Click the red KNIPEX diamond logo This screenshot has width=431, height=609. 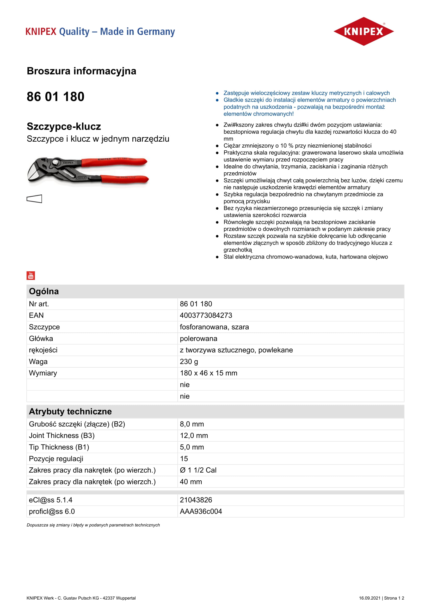[363, 31]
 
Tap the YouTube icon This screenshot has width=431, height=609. [31, 275]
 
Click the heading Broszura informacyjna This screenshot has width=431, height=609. [82, 71]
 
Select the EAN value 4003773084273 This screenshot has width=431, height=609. [206, 315]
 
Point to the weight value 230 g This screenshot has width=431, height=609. [189, 362]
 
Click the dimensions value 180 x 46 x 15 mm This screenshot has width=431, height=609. [209, 373]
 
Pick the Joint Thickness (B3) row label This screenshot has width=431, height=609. [62, 436]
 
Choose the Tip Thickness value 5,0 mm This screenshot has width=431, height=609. [192, 447]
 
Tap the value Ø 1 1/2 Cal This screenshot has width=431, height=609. [198, 470]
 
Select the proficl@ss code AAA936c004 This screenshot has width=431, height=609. [201, 511]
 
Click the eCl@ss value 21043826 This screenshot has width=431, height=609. [196, 500]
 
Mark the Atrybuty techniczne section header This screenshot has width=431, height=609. [70, 411]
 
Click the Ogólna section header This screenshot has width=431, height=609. [44, 291]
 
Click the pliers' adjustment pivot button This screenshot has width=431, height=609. [56, 161]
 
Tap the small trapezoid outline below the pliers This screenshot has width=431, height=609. [34, 199]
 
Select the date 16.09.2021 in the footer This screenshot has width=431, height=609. [370, 598]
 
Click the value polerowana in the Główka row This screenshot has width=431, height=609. [199, 338]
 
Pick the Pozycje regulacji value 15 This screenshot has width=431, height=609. [184, 459]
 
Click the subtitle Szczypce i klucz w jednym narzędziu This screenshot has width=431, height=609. [98, 139]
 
